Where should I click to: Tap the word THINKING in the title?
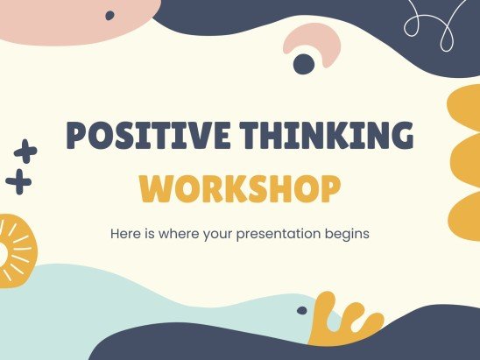[x=328, y=138]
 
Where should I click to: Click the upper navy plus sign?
[x=26, y=152]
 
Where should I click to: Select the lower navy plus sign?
[x=18, y=182]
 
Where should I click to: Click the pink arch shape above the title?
[x=313, y=44]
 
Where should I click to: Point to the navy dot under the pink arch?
[x=304, y=63]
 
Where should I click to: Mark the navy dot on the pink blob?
[x=109, y=15]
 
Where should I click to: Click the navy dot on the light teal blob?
[x=301, y=310]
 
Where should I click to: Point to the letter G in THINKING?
[x=399, y=138]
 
